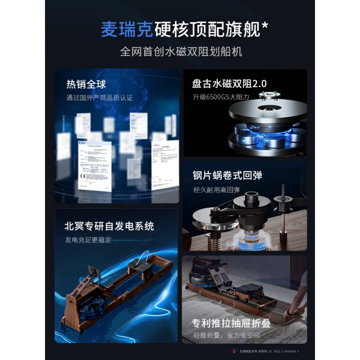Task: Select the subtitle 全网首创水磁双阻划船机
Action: coord(181,52)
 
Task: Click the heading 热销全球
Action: coord(86,84)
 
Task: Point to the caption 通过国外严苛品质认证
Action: coord(99,97)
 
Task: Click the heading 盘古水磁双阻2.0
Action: coord(229,84)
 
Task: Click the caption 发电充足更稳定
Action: coord(88,239)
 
